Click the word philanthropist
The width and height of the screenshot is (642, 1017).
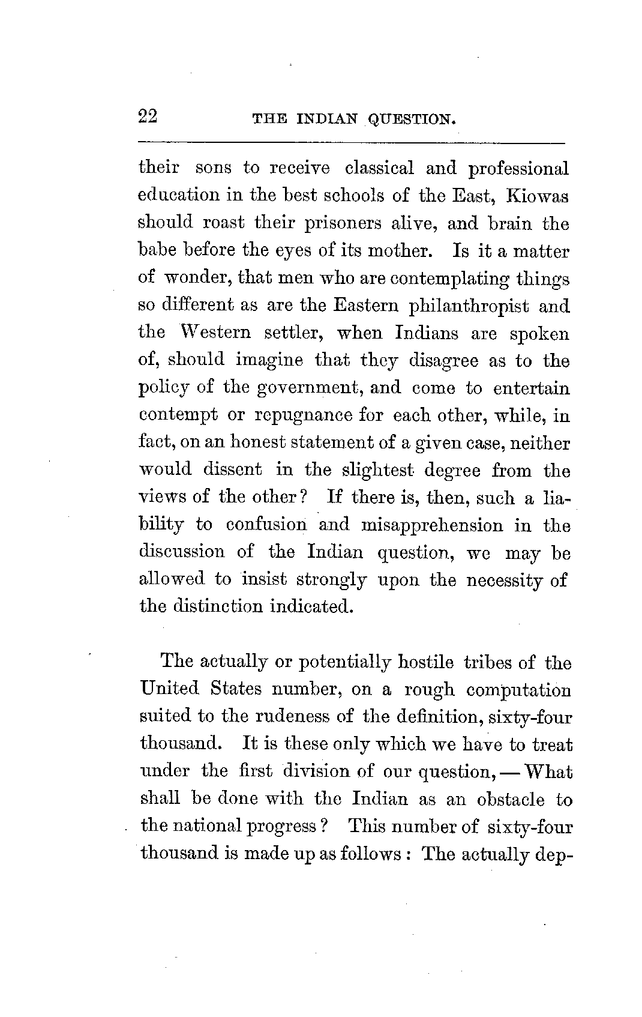469,306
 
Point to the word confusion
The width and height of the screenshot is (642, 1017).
266,525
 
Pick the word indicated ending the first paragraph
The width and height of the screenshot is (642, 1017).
310,606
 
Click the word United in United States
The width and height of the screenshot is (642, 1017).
169,688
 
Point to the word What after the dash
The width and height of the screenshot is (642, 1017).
548,771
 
